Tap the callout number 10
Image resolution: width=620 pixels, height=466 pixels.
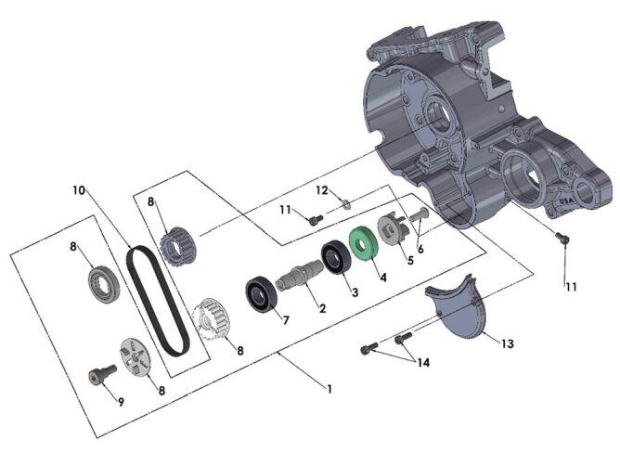coord(80,190)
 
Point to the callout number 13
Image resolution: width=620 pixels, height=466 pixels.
coord(507,343)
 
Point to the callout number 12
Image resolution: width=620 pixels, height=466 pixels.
coord(321,190)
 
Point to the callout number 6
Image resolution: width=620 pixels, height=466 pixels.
coord(420,250)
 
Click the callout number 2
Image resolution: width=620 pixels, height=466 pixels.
coord(321,308)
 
